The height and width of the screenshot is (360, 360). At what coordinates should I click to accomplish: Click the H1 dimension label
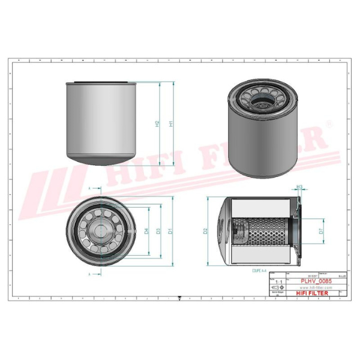(171, 124)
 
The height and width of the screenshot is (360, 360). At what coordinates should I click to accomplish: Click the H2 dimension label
(158, 124)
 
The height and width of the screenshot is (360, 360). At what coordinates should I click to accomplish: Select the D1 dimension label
(171, 230)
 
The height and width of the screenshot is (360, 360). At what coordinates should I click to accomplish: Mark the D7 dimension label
(322, 230)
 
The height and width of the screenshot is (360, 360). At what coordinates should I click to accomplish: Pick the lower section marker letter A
(90, 274)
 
